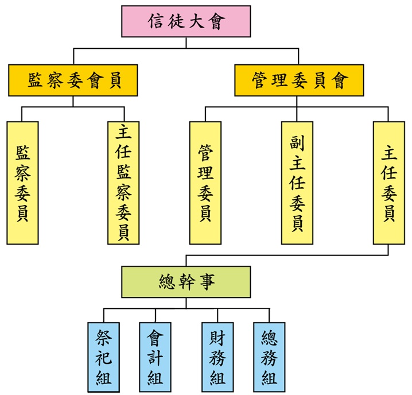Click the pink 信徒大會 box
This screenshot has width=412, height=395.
point(186,22)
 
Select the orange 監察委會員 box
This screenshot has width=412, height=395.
point(73,80)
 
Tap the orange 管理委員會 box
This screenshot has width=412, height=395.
point(298,80)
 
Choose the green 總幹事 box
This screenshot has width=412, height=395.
point(186,282)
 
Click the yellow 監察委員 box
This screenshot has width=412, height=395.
point(22,183)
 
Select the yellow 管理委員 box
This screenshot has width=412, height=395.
point(205,183)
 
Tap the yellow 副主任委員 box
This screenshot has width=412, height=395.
point(297,183)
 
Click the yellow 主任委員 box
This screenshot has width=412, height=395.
point(388,183)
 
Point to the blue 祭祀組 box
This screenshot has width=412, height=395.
point(104,357)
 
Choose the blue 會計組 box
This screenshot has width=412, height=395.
point(155,357)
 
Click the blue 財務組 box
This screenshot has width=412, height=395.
point(217,357)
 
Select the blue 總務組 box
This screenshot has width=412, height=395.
point(269,357)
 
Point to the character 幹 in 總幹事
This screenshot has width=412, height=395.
point(186,282)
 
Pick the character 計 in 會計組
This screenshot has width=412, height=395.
point(155,358)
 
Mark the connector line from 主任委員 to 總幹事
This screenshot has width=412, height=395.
point(287,255)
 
